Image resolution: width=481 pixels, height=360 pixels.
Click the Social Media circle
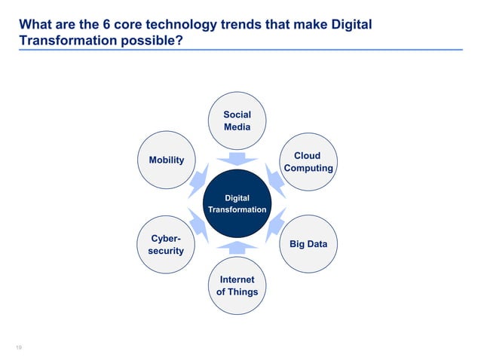pyautogui.click(x=237, y=121)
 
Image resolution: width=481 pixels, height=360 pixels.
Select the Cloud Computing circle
pyautogui.click(x=308, y=162)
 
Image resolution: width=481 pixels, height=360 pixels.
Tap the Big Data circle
pyautogui.click(x=308, y=244)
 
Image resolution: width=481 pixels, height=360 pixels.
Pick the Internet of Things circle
pyautogui.click(x=237, y=285)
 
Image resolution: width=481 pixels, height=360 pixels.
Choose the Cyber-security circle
pyautogui.click(x=166, y=244)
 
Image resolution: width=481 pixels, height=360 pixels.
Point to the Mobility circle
pyautogui.click(x=166, y=160)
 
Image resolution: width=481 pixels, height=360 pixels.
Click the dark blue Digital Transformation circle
pyautogui.click(x=237, y=203)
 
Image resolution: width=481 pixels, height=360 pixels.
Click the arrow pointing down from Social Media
pyautogui.click(x=237, y=158)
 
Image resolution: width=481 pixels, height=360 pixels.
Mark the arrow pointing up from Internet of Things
pyautogui.click(x=237, y=247)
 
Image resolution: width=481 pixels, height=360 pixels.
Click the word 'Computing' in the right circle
pyautogui.click(x=308, y=168)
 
